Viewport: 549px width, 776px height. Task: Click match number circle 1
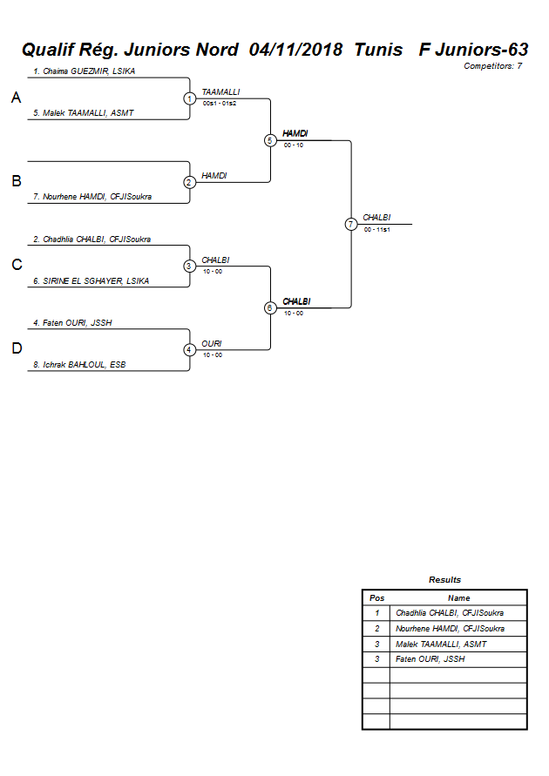click(189, 98)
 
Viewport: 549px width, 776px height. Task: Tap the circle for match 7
click(351, 224)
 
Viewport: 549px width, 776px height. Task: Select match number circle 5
click(270, 140)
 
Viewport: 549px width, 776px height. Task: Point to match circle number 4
click(189, 350)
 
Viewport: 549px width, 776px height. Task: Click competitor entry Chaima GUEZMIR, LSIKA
click(84, 71)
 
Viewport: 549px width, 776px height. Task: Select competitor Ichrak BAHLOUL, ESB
click(79, 365)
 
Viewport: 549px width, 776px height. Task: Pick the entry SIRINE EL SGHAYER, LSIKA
click(91, 280)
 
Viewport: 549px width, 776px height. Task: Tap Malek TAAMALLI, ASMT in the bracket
click(84, 113)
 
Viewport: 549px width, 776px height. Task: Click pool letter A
click(16, 98)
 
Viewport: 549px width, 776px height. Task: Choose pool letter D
click(16, 349)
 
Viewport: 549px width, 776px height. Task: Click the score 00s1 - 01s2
click(220, 103)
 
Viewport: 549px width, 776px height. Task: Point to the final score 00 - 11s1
click(376, 229)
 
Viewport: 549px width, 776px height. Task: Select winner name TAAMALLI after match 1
click(220, 91)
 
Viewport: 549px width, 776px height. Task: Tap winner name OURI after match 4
click(212, 343)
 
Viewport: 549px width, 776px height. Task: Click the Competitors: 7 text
click(492, 66)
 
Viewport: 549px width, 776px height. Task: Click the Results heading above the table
click(444, 580)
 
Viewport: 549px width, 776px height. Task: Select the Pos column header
click(376, 598)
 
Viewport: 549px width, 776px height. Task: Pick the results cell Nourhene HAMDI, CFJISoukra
click(450, 629)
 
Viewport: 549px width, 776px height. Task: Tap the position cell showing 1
click(376, 613)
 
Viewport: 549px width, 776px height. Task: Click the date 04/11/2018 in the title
click(295, 50)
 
